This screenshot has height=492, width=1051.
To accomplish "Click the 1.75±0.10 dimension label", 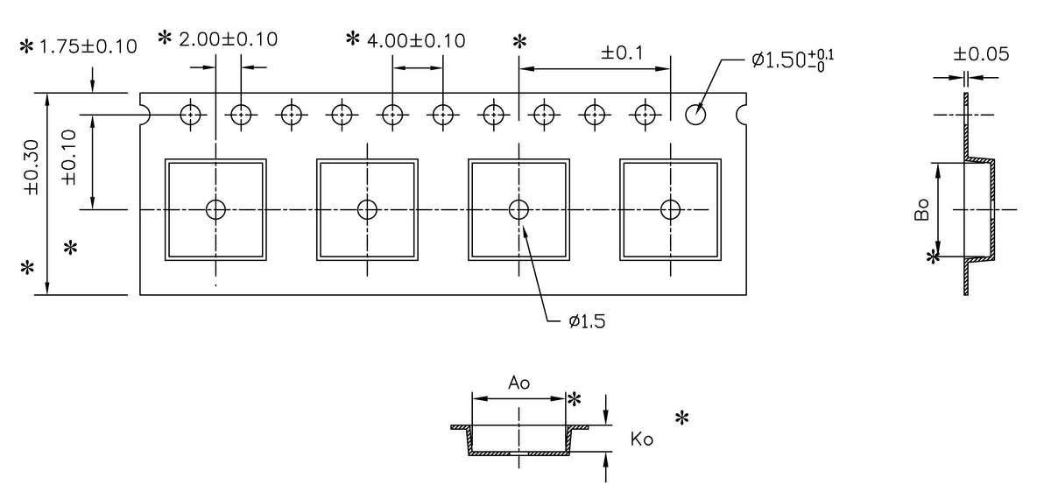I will [88, 46].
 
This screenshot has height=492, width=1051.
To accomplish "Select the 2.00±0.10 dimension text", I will [228, 39].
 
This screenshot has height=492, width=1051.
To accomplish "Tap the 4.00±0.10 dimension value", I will [416, 40].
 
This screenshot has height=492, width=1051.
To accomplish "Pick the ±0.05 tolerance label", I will [980, 54].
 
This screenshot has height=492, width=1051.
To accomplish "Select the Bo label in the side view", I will [921, 210].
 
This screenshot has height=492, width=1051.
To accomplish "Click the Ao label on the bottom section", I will [519, 383].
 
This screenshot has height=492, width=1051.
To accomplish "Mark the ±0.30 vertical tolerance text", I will [32, 175].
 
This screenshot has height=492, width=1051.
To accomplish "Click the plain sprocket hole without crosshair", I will [696, 114].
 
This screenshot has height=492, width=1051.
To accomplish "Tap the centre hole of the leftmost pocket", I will [215, 209].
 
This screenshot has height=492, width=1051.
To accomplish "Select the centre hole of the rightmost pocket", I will [670, 209].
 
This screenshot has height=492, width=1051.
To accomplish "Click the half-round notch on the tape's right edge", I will [744, 114].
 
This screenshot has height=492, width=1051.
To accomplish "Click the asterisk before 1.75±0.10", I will [26, 46].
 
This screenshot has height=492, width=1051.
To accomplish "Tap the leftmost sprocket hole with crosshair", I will [190, 114].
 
